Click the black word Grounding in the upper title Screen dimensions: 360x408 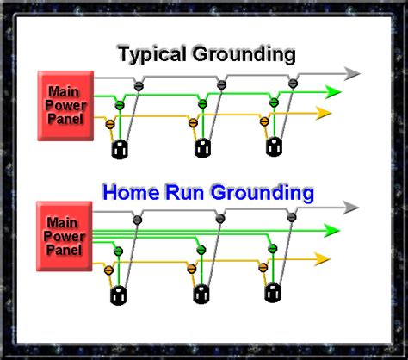[246, 56]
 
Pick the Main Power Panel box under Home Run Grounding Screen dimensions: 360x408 [65, 228]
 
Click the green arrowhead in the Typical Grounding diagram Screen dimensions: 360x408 [335, 92]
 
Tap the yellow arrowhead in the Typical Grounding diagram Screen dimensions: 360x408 [325, 112]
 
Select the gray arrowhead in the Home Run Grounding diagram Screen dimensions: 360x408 [350, 208]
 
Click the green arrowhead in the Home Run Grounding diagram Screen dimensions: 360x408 [335, 229]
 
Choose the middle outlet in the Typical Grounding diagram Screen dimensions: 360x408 [202, 148]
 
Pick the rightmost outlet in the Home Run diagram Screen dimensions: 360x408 [274, 291]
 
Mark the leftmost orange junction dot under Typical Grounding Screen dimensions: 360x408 [109, 124]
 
